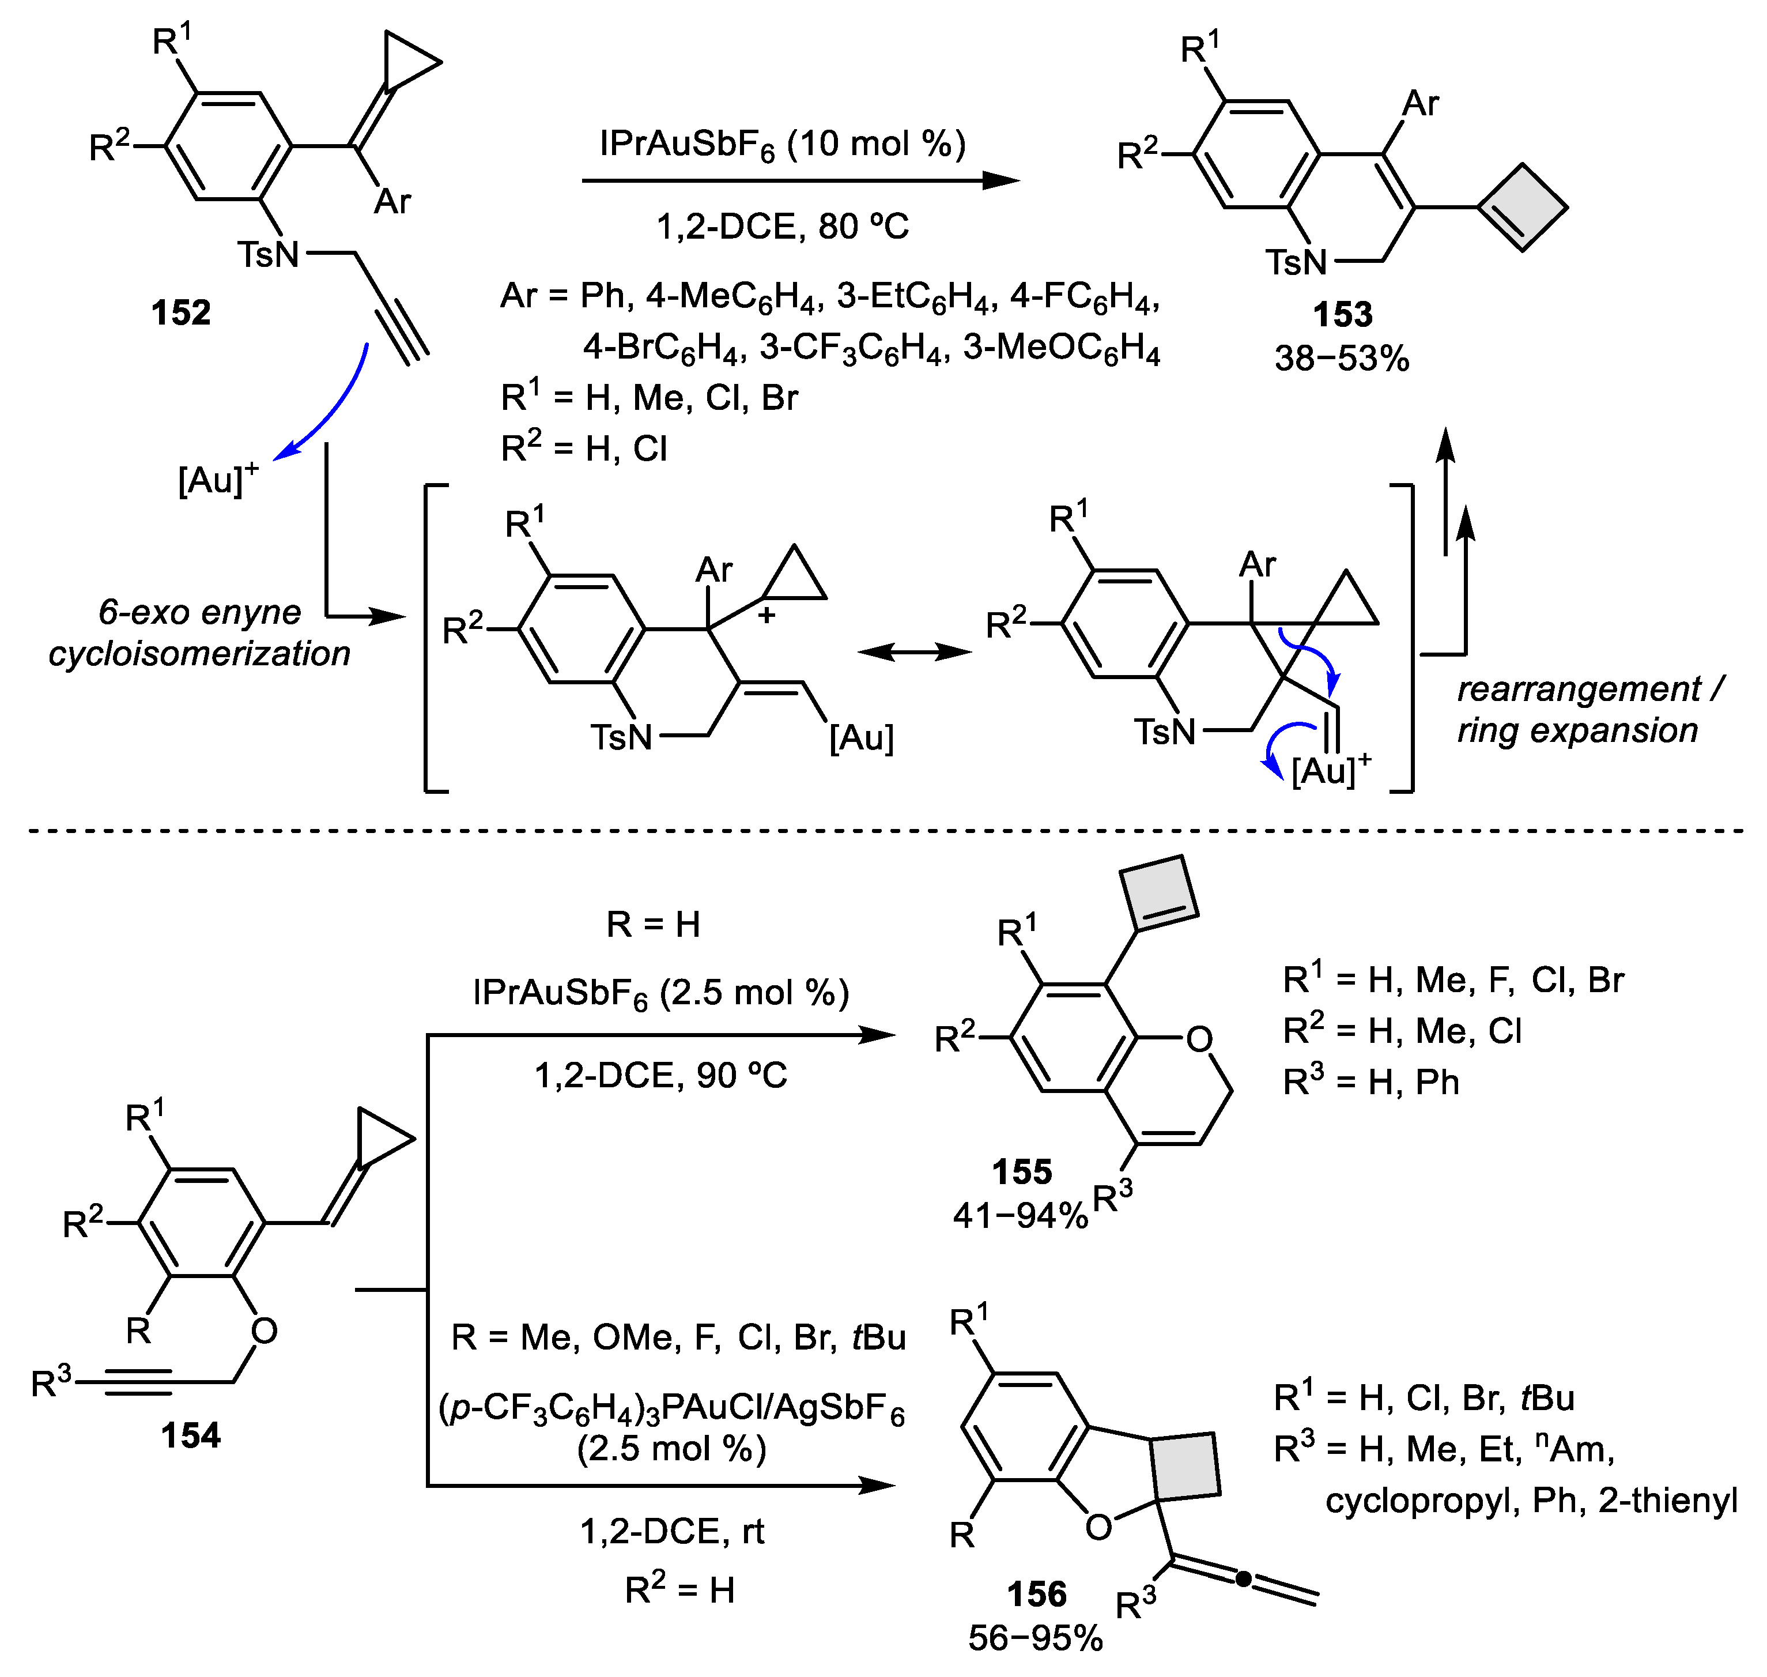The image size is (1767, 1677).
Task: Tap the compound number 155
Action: [x=1022, y=1172]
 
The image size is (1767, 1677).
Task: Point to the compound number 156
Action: [x=1037, y=1595]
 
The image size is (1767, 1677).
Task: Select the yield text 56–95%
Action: [x=1035, y=1638]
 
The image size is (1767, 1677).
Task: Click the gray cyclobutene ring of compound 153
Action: [x=1522, y=208]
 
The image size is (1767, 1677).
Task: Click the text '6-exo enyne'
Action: [x=199, y=612]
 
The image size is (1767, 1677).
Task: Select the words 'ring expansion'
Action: [x=1577, y=731]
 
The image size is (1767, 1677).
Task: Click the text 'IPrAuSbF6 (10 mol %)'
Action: [x=782, y=145]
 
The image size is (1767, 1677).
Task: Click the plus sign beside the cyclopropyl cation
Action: [x=766, y=616]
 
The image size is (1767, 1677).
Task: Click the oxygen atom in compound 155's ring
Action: [x=1199, y=1039]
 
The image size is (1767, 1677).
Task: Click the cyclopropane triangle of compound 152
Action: [x=407, y=61]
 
